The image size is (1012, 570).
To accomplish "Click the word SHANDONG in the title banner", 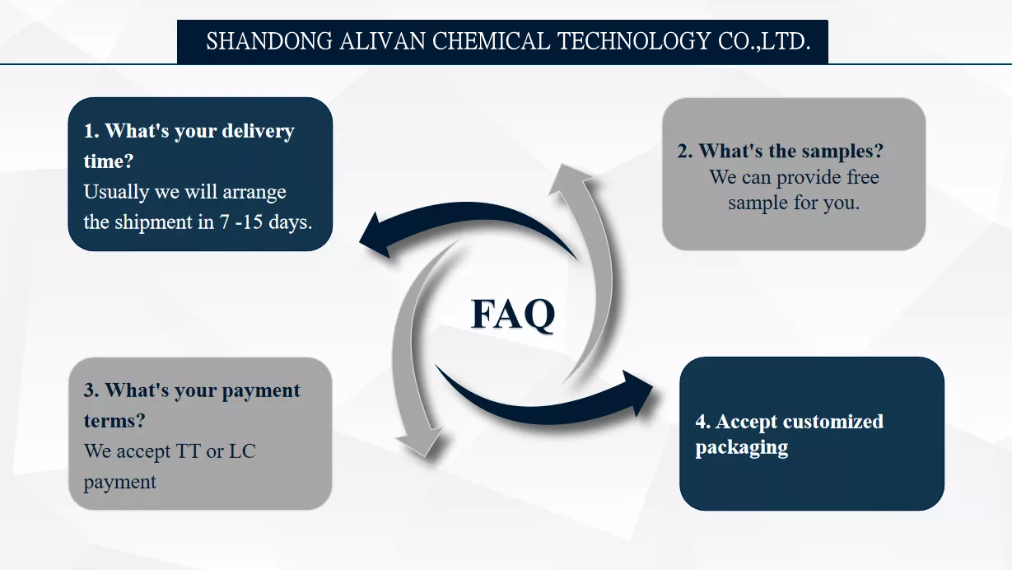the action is [269, 41].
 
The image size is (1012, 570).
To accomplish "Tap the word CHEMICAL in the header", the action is [491, 41].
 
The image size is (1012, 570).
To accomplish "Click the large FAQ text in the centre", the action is [513, 314].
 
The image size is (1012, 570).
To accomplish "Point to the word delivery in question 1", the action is [258, 131].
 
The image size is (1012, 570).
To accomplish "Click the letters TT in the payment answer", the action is [188, 451].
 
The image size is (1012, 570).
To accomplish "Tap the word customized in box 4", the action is [833, 421].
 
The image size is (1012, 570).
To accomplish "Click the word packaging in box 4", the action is [741, 447].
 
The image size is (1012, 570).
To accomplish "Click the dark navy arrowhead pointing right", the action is [637, 392].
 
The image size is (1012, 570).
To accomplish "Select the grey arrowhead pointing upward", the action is [569, 179].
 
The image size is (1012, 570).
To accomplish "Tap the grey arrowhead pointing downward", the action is [419, 443].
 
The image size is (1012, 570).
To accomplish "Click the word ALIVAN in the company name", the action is [382, 41].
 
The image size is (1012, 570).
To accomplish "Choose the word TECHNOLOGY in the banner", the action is [634, 41].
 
